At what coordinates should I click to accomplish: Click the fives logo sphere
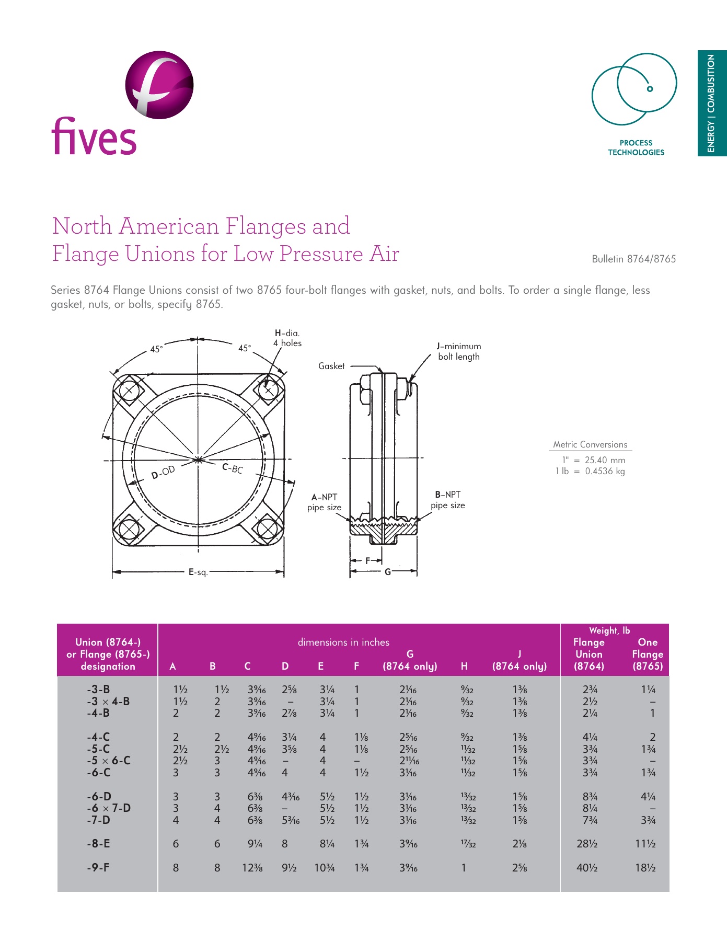point(159,85)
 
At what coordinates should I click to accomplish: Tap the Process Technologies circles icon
point(634,89)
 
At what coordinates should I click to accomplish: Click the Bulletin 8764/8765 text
point(633,259)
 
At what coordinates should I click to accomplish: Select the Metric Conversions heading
point(590,444)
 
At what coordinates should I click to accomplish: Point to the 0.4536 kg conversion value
point(605,471)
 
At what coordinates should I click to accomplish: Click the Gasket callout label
point(331,366)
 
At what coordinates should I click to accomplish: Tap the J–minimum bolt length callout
point(459,351)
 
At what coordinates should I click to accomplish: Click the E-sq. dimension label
point(198,572)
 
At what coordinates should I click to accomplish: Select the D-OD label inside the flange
point(163,472)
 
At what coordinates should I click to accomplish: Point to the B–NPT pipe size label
point(447,500)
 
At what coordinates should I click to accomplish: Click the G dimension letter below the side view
point(388,572)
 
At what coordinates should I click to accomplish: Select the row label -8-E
point(98,843)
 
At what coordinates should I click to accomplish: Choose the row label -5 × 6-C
point(109,761)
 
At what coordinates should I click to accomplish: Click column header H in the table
point(464,666)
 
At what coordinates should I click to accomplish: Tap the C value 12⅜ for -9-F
point(252,868)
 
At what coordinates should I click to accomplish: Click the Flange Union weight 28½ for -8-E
point(587,844)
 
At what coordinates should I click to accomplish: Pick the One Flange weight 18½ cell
point(645,868)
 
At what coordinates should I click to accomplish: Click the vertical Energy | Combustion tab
point(711,103)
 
